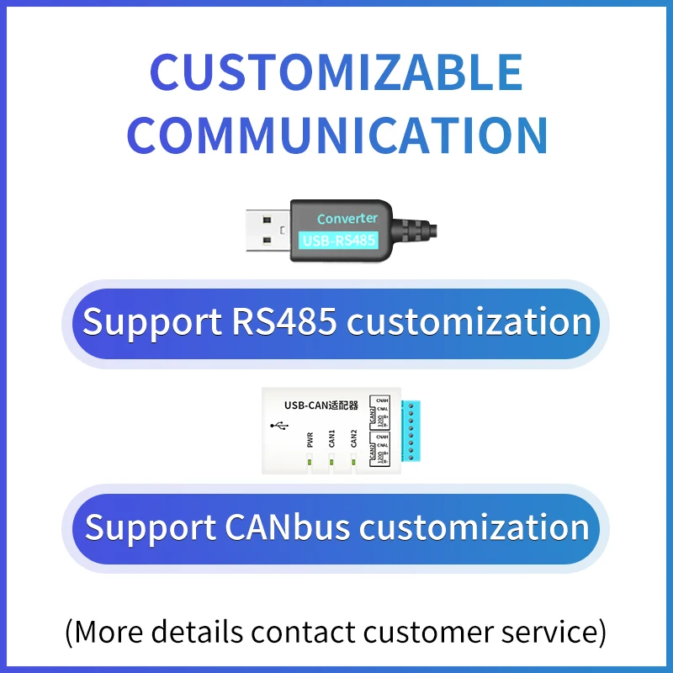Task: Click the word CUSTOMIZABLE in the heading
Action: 336,73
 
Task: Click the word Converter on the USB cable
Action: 347,219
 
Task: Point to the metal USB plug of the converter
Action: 268,231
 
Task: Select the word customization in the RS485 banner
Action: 469,322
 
